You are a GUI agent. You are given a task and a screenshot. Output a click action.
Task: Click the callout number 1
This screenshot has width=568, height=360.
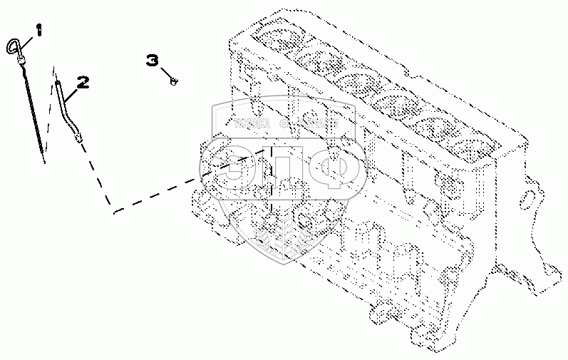[x=39, y=30]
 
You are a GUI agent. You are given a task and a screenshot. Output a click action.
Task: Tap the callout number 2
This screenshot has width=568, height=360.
[x=82, y=83]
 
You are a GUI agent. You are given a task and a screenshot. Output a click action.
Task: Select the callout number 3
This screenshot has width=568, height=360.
[x=153, y=61]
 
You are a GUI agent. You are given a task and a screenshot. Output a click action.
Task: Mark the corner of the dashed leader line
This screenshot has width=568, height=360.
[x=113, y=211]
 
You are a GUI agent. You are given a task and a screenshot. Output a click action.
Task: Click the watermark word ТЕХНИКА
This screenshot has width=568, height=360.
[x=252, y=123]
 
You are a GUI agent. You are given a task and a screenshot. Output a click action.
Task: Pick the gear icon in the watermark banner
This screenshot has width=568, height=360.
[x=284, y=123]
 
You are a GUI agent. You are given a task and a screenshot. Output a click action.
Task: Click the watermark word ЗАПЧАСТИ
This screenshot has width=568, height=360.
[x=314, y=123]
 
